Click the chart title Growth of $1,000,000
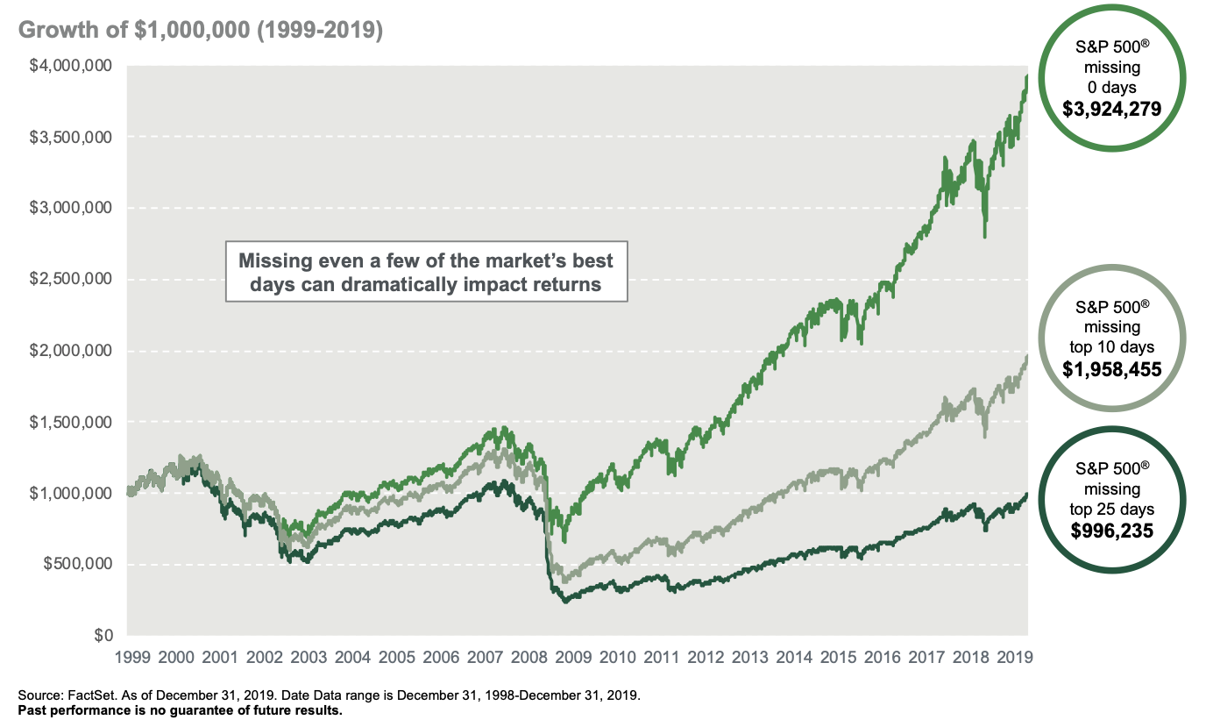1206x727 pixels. click(200, 30)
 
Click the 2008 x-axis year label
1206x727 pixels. click(532, 657)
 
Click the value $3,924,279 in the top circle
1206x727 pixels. click(1111, 110)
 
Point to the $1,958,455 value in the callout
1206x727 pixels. click(1111, 369)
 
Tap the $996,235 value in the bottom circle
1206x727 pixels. click(1111, 531)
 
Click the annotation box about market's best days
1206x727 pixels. click(426, 272)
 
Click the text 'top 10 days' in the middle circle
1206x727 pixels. click(1111, 347)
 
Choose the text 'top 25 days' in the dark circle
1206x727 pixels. click(1111, 510)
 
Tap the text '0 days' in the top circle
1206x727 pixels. click(1111, 88)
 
